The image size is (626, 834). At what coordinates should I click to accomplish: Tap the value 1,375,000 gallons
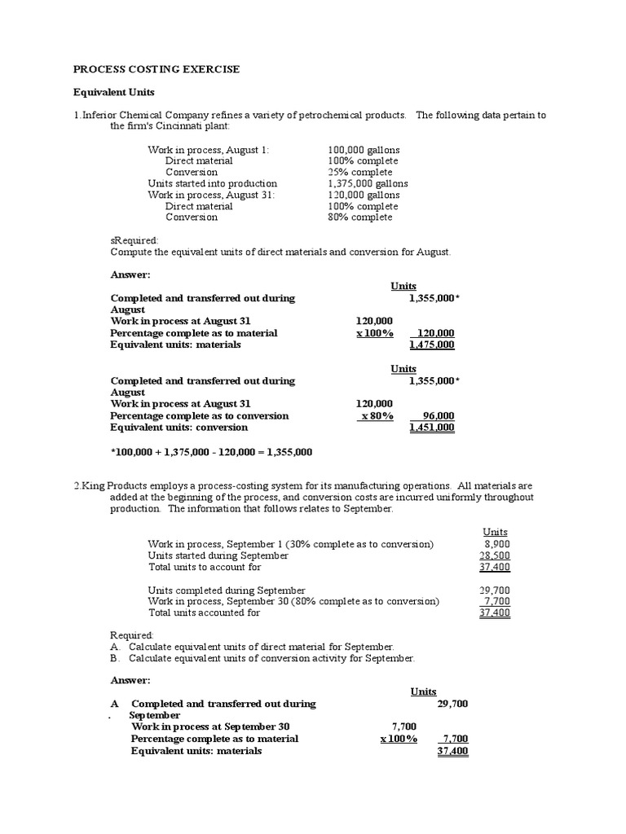[368, 183]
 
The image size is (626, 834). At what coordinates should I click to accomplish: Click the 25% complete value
[359, 172]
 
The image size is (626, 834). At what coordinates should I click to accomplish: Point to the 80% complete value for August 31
[359, 217]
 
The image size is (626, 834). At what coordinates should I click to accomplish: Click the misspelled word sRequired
[134, 241]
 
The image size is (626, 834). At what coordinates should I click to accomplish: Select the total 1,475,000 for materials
[432, 345]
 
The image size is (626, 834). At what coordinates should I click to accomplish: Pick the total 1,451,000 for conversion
[432, 427]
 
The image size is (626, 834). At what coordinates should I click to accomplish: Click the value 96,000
[439, 415]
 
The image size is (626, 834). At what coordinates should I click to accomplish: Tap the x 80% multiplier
[377, 415]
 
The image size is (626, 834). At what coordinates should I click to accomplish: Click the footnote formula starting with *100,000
[211, 451]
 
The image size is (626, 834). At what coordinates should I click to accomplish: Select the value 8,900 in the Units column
[496, 543]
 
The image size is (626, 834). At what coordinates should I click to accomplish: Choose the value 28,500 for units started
[495, 555]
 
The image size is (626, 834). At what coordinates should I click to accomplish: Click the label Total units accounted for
[204, 612]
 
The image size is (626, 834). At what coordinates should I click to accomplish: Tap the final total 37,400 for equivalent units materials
[452, 751]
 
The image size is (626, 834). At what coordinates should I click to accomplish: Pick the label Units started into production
[212, 183]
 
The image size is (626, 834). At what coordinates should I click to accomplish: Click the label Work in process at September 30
[210, 726]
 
